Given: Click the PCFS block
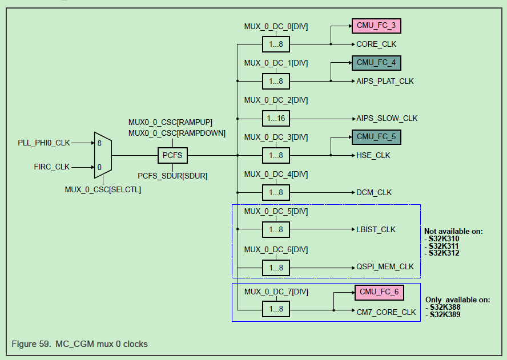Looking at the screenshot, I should pyautogui.click(x=172, y=155).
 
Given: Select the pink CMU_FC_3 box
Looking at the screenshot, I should pyautogui.click(x=376, y=26).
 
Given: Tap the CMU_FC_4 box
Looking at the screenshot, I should pyautogui.click(x=376, y=62).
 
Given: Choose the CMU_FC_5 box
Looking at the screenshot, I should pyautogui.click(x=376, y=137).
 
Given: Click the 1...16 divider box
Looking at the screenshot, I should pyautogui.click(x=276, y=118).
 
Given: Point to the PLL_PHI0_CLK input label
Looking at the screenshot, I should pyautogui.click(x=44, y=143).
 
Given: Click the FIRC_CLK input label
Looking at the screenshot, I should pyautogui.click(x=53, y=167).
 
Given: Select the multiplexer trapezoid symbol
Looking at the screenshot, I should pyautogui.click(x=103, y=155).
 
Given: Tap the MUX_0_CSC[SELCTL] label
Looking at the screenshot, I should pyautogui.click(x=103, y=189).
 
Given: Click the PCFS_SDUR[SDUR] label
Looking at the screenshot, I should pyautogui.click(x=172, y=176).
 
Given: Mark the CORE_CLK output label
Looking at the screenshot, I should pyautogui.click(x=376, y=44).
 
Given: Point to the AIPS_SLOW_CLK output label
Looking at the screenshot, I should pyautogui.click(x=387, y=118).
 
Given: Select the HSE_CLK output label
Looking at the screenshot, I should pyautogui.click(x=374, y=155).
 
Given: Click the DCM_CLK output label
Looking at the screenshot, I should pyautogui.click(x=375, y=192).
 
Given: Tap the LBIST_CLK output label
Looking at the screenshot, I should pyautogui.click(x=376, y=229).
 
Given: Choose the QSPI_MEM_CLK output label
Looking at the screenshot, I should pyautogui.click(x=385, y=266).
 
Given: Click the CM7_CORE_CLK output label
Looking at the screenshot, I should pyautogui.click(x=387, y=312).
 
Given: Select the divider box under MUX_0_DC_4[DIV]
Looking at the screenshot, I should pyautogui.click(x=276, y=192).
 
